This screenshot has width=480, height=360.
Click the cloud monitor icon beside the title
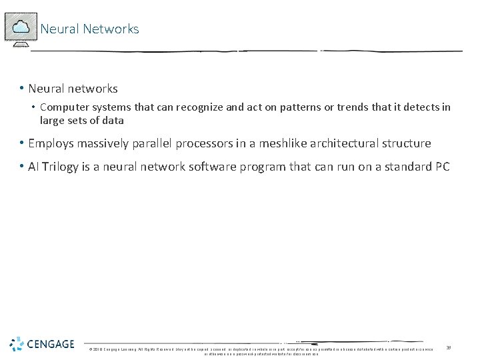[21, 29]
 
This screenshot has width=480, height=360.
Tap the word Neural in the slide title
[60, 29]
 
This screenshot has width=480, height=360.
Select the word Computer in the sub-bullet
[63, 107]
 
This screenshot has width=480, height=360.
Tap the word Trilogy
[59, 167]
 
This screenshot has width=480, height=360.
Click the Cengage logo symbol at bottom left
[16, 344]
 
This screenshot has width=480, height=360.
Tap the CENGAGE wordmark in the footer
[51, 344]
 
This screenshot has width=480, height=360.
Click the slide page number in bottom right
[449, 347]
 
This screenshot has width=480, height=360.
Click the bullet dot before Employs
[23, 143]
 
